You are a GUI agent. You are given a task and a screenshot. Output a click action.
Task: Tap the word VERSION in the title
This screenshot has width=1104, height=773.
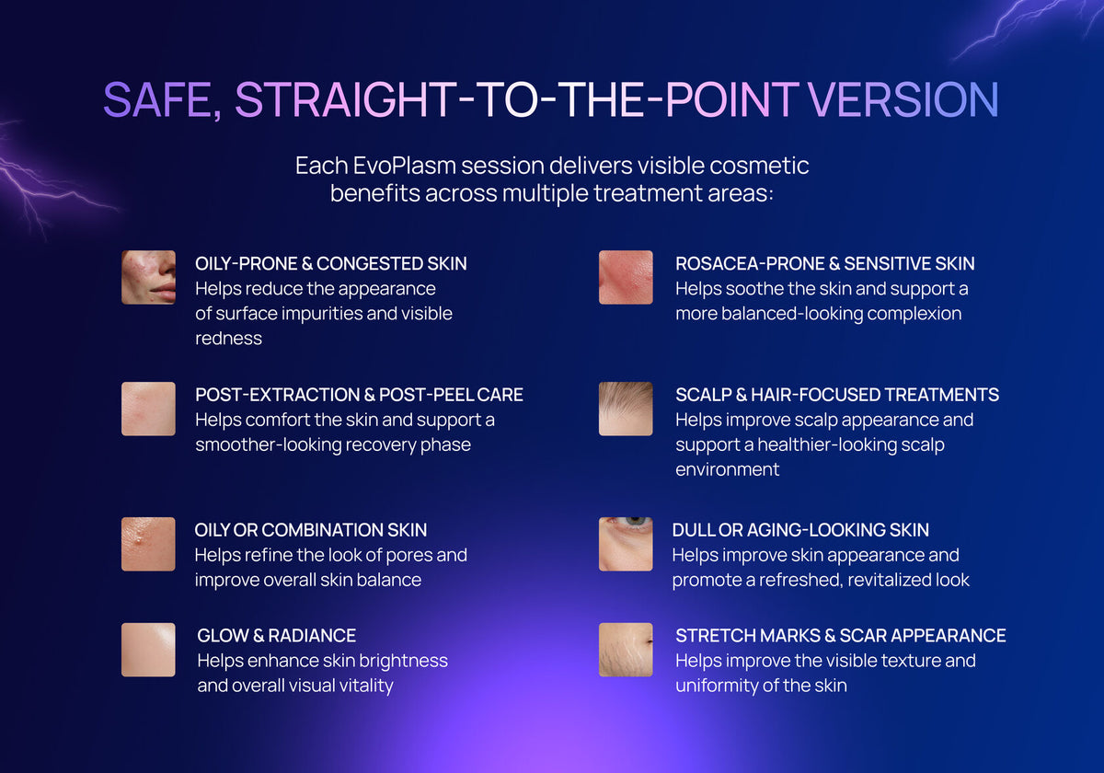click(903, 100)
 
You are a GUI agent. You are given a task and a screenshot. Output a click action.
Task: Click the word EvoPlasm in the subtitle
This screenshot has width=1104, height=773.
click(404, 167)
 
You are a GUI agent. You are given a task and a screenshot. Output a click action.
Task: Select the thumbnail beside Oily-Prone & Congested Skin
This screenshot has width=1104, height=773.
click(148, 277)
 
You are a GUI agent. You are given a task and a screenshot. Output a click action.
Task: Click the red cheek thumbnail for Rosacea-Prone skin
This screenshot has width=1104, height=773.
click(626, 277)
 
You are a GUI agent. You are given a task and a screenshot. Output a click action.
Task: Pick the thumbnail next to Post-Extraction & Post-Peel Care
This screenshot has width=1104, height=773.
click(148, 409)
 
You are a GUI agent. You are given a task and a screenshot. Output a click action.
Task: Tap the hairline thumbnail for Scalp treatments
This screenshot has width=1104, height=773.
click(626, 409)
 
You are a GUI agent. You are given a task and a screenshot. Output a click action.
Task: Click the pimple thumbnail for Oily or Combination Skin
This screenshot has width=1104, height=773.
click(148, 544)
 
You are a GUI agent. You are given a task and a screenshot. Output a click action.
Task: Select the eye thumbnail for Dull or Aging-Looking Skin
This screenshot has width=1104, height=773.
click(626, 544)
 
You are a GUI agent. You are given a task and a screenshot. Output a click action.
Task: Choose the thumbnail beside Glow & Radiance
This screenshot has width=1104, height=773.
click(148, 650)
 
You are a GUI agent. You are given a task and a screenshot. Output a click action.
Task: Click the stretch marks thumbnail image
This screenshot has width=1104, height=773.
click(626, 650)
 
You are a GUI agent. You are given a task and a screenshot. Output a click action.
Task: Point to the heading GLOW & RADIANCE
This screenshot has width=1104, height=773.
click(277, 636)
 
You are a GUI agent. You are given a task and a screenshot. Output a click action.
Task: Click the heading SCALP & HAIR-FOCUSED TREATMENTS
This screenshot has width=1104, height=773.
click(837, 395)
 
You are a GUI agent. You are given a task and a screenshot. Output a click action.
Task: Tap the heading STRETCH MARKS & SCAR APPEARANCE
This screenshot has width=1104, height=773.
click(840, 636)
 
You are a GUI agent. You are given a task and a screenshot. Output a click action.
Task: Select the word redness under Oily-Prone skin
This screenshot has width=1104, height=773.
click(228, 339)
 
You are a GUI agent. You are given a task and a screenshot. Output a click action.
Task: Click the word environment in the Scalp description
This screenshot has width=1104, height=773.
click(727, 469)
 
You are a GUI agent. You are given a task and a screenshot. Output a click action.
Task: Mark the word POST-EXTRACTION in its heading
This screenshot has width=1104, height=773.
click(278, 395)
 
